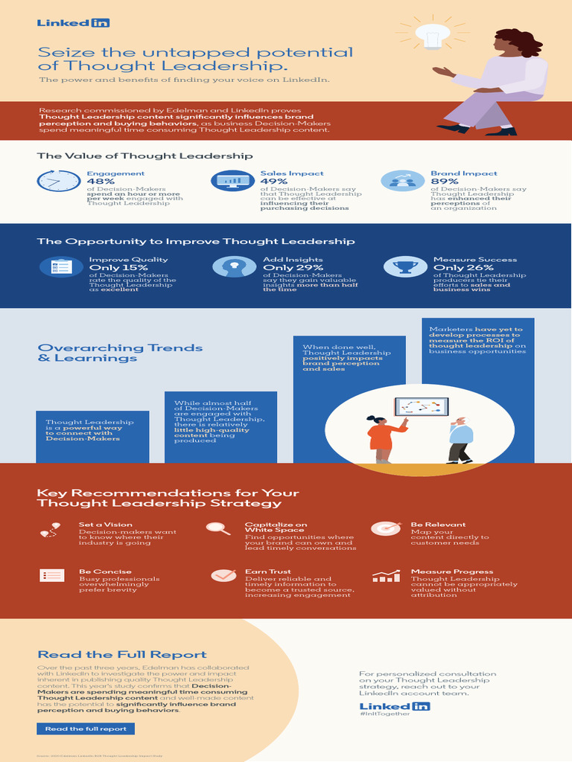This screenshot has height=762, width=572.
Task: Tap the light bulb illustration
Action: (x=433, y=35)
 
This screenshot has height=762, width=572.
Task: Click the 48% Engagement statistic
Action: (x=101, y=181)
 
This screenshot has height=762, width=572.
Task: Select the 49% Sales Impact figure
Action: (x=274, y=181)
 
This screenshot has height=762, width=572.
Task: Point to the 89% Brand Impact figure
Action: (x=445, y=181)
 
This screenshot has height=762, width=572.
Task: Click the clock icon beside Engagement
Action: (x=59, y=181)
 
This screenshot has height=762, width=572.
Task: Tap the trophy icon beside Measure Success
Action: (x=405, y=266)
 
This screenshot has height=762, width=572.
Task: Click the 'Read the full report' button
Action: (x=86, y=729)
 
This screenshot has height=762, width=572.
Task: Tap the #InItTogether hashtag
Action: (x=384, y=714)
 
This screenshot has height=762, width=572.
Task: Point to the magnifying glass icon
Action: (x=217, y=528)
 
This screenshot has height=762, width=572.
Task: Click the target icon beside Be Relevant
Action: (x=386, y=528)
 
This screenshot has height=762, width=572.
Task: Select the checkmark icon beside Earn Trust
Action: (x=223, y=575)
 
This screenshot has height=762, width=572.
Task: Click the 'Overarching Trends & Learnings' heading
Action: (x=120, y=353)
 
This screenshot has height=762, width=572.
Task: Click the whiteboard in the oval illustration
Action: (x=421, y=406)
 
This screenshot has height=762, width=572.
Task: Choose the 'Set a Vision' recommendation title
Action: (x=106, y=525)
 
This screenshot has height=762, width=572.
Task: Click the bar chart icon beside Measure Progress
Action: (x=386, y=576)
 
